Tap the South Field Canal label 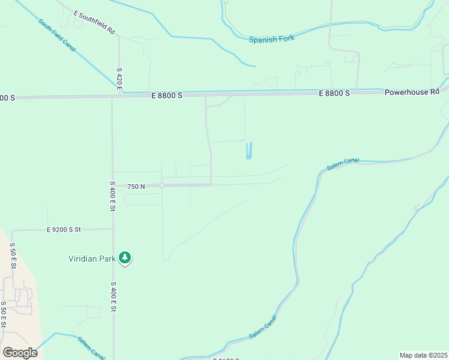pyautogui.click(x=57, y=35)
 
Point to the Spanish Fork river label pyautogui.click(x=272, y=40)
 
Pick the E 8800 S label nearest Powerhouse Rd pyautogui.click(x=334, y=94)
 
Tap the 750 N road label pyautogui.click(x=136, y=187)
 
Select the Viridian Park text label pyautogui.click(x=91, y=259)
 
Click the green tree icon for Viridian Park pyautogui.click(x=125, y=258)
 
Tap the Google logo pyautogui.click(x=20, y=353)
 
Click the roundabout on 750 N pyautogui.click(x=162, y=186)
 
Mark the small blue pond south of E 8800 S pyautogui.click(x=249, y=150)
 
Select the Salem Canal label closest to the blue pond pyautogui.click(x=343, y=164)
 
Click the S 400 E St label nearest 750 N pyautogui.click(x=112, y=196)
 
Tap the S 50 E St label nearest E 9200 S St pyautogui.click(x=12, y=256)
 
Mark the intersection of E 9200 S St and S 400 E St pyautogui.click(x=113, y=229)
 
